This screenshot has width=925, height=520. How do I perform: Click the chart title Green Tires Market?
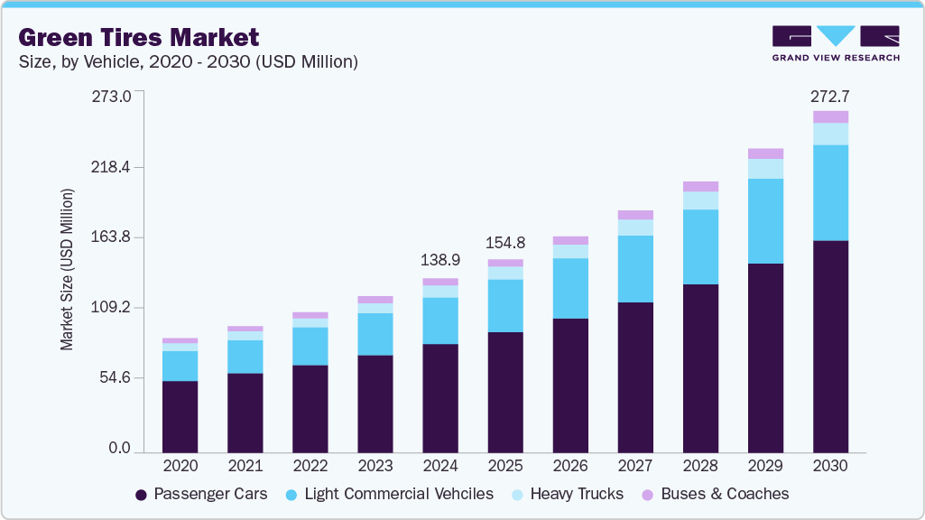(x=139, y=37)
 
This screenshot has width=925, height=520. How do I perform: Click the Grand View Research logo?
(x=835, y=42)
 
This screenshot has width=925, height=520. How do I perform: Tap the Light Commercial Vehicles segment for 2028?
(x=700, y=246)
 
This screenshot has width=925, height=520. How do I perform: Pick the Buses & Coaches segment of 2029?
(x=765, y=153)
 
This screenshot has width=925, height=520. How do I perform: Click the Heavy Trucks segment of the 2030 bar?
(x=830, y=134)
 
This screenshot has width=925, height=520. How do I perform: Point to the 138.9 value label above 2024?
(x=440, y=260)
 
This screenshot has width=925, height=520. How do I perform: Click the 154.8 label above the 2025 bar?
(x=505, y=243)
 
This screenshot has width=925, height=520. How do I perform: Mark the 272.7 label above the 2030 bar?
(x=830, y=96)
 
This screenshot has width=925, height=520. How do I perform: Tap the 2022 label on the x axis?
(x=310, y=466)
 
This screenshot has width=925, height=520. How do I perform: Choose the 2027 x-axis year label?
(x=635, y=466)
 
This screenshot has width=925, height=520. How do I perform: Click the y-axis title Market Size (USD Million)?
(x=67, y=270)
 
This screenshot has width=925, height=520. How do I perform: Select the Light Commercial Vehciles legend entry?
(x=389, y=494)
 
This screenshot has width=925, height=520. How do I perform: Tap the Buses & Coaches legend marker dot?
(x=648, y=495)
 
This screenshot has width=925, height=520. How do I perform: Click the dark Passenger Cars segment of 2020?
(x=180, y=415)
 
